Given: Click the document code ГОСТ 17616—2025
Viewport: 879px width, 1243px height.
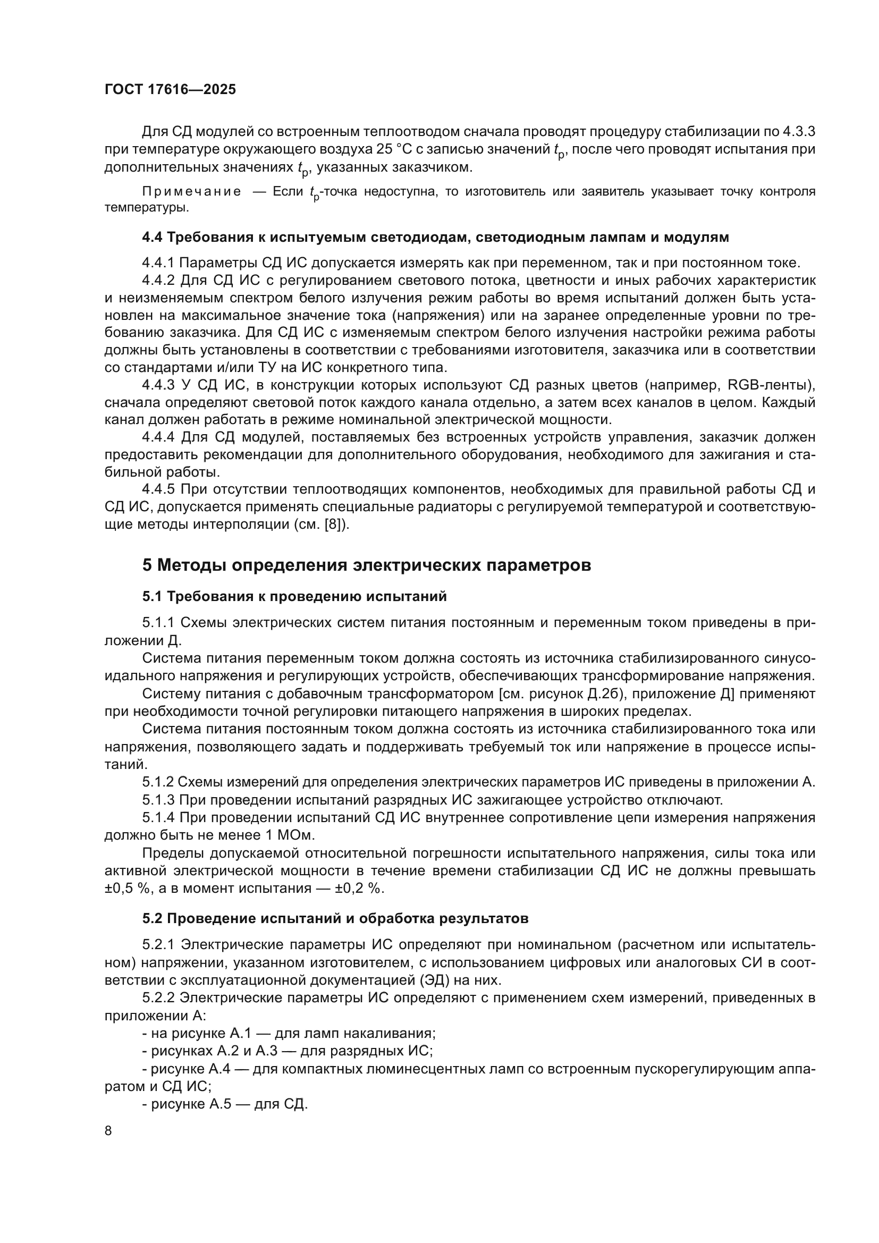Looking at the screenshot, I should pyautogui.click(x=170, y=90).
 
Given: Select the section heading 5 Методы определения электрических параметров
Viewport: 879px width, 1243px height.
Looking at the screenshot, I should pyautogui.click(x=367, y=565).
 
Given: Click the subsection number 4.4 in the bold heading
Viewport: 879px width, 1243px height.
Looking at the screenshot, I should pyautogui.click(x=152, y=237).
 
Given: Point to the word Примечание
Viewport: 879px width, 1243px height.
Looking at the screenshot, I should pyautogui.click(x=192, y=192).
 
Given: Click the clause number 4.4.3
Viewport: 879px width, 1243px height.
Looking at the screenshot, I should pyautogui.click(x=158, y=385).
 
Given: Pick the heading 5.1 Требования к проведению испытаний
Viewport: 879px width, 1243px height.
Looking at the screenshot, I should pyautogui.click(x=294, y=597).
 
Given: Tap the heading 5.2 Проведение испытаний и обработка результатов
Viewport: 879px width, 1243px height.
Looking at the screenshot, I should pyautogui.click(x=335, y=919).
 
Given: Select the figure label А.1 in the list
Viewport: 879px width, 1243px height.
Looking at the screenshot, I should pyautogui.click(x=239, y=1034).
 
